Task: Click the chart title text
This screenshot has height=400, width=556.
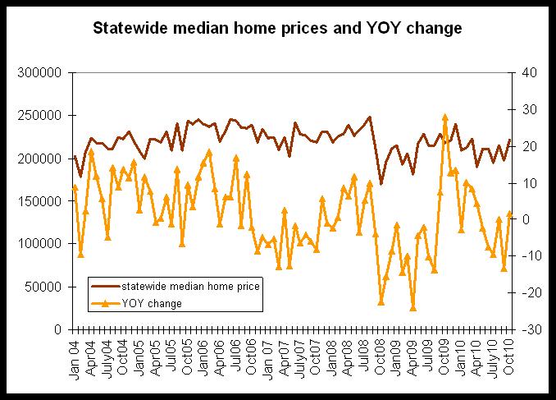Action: point(278,28)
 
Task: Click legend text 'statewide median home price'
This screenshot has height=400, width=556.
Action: point(191,287)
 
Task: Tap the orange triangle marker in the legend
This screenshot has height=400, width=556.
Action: point(105,303)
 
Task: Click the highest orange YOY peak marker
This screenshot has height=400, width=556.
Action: point(445,117)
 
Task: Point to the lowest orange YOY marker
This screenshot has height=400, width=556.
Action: point(413,308)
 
